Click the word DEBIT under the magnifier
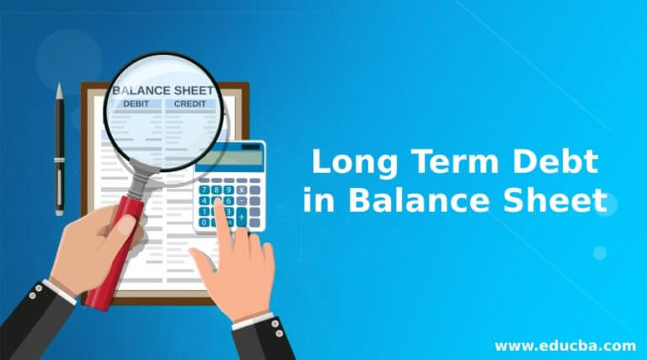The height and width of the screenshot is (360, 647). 136,104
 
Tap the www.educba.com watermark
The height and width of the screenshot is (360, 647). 565,345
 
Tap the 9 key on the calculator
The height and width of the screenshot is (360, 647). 228,191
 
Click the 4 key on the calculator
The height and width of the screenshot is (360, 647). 203,201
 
